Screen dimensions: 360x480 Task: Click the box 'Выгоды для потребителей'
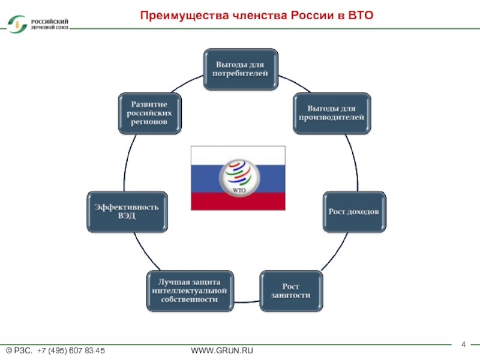[240, 69]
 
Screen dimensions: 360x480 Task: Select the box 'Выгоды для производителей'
[331, 113]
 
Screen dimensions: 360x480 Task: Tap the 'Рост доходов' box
[354, 212]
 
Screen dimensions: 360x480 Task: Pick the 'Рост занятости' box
[290, 290]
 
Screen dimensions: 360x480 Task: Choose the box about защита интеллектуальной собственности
[189, 290]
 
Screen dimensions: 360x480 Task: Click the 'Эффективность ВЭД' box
[126, 212]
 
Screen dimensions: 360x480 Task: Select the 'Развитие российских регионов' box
[150, 113]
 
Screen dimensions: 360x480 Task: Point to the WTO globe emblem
[239, 176]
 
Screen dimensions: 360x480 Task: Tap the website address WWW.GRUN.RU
[222, 350]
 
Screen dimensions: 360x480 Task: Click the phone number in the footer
[71, 350]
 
